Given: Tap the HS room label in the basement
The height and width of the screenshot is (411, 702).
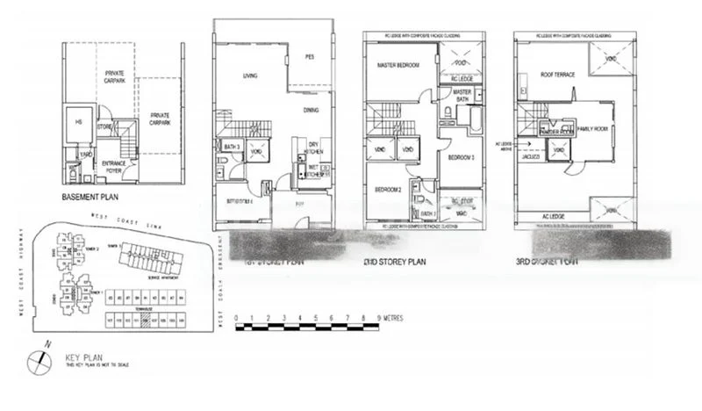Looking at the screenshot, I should tap(78, 122).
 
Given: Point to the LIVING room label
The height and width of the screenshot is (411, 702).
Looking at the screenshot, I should tap(249, 76).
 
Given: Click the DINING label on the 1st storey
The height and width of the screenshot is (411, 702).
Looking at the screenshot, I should tap(311, 110).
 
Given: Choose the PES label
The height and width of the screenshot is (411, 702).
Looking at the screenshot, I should tap(309, 58).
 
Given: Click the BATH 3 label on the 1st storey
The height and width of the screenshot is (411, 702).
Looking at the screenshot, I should tap(233, 146).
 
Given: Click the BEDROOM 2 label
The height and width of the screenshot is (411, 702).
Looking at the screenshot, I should tap(389, 190).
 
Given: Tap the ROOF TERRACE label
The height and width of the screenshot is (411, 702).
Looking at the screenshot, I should tap(558, 75).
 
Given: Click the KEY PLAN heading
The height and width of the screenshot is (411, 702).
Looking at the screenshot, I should tap(82, 357).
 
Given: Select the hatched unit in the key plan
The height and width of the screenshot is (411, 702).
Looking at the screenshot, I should tap(145, 322).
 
